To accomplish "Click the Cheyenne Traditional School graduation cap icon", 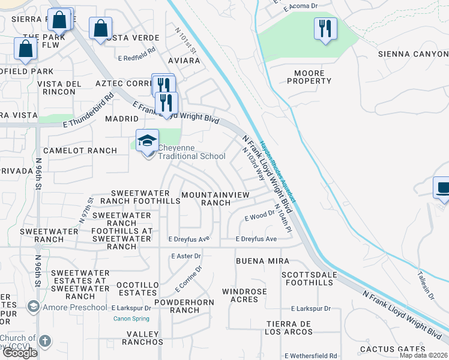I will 147,142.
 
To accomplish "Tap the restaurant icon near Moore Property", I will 325,29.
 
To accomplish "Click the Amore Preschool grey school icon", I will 33,307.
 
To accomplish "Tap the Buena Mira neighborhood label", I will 262,262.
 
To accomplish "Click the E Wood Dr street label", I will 259,218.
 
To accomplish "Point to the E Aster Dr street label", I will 186,256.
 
